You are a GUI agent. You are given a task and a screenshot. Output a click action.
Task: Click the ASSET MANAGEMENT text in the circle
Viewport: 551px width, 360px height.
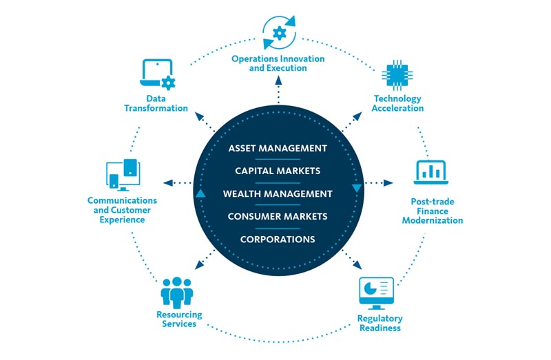278,148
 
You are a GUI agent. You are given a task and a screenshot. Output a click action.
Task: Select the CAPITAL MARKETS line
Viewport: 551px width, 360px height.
278,171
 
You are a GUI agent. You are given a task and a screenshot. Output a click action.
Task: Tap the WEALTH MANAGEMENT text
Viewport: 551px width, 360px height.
278,193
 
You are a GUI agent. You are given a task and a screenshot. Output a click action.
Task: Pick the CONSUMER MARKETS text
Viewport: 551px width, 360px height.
278,216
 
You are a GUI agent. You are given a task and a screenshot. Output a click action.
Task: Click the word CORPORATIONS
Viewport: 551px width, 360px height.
278,240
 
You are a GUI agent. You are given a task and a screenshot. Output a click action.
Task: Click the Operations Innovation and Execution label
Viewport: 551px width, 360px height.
278,64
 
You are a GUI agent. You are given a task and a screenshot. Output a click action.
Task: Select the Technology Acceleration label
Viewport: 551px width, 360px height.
398,103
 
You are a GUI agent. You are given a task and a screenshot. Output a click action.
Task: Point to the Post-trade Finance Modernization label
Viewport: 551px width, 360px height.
432,211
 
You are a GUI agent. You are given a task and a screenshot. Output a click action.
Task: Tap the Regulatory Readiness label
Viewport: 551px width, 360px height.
380,323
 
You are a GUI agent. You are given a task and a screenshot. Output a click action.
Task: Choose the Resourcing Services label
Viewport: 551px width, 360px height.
180,319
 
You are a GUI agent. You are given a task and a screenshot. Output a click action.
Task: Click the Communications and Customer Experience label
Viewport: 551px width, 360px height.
122,210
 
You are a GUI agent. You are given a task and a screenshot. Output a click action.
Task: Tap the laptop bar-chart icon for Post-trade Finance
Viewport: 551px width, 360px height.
431,173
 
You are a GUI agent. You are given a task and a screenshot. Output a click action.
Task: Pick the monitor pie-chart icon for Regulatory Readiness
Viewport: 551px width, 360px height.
376,293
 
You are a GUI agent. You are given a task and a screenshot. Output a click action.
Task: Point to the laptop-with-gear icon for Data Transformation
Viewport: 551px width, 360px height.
158,74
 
